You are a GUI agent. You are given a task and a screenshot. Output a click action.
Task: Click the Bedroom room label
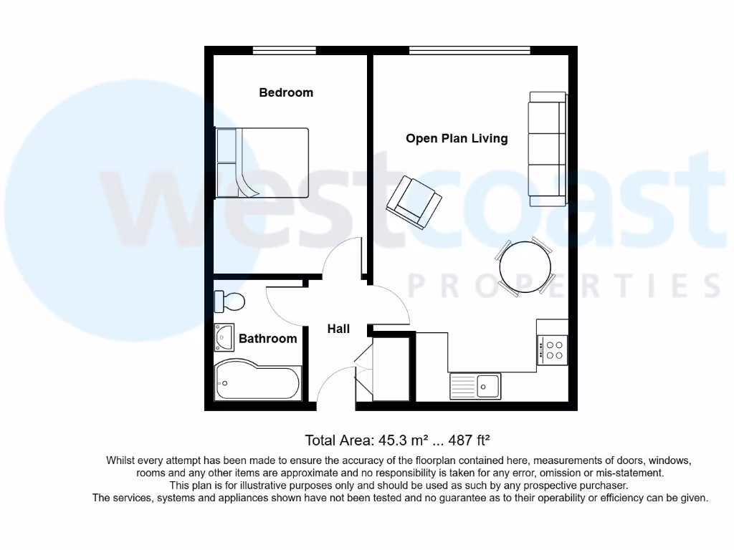pos(286,92)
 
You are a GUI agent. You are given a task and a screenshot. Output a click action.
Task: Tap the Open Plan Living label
pos(457,138)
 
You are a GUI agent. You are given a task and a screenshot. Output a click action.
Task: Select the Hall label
pos(338,329)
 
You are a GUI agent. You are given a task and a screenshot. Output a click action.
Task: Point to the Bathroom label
pos(267,339)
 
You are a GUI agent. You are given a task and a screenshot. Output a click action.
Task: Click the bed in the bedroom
pos(263,163)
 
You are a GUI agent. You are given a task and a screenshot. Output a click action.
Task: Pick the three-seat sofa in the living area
pos(547,149)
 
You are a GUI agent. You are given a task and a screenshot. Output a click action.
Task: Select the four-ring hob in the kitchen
pos(553,349)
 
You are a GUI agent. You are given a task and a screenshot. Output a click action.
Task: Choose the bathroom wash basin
pos(224,337)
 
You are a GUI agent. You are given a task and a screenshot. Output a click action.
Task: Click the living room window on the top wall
pos(470,50)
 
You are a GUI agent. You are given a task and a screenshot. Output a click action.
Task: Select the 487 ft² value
pos(479,440)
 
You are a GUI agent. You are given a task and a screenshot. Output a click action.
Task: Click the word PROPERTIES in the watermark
pos(563,286)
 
